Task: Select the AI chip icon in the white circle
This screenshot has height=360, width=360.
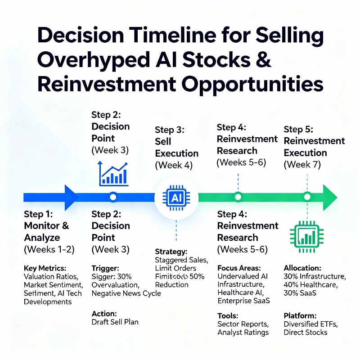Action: click(x=176, y=197)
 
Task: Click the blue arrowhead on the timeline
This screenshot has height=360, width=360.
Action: click(x=71, y=197)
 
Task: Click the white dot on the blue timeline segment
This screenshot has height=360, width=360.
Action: click(x=113, y=197)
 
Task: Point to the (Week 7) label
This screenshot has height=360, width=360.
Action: click(x=302, y=165)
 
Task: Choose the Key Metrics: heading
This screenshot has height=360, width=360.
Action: click(x=45, y=268)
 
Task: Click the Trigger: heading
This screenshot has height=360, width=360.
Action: click(x=105, y=268)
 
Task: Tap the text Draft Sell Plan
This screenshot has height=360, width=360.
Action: click(x=115, y=322)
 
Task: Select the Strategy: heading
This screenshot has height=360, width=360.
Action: click(x=171, y=252)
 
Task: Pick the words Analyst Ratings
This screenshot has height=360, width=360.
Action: click(x=243, y=332)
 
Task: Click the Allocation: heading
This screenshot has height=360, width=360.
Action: click(x=302, y=268)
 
